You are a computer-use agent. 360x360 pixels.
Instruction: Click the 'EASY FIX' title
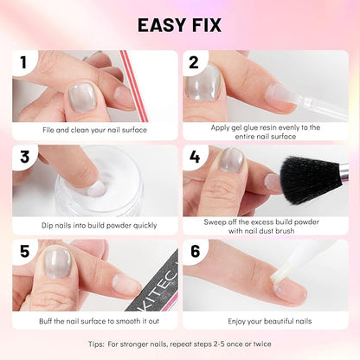point(179,24)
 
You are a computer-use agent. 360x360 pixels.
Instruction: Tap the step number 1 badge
point(28,62)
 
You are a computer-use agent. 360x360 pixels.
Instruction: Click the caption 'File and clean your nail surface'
point(94,130)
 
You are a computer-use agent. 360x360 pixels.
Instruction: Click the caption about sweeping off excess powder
point(264,227)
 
